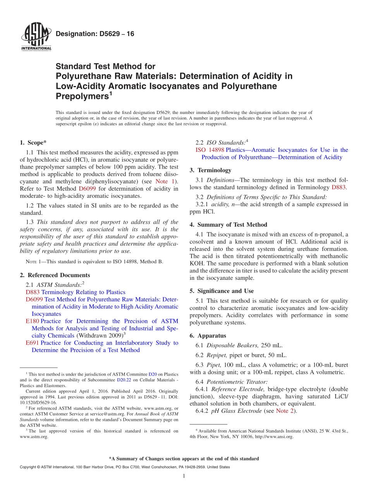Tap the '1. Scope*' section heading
[33, 143]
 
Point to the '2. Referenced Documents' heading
[55, 275]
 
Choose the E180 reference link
[32, 321]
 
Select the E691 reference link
[32, 343]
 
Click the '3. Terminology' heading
[210, 170]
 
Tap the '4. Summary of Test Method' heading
[228, 225]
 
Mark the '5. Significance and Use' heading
[222, 291]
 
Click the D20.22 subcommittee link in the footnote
[124, 380]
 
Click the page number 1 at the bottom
[184, 476]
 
